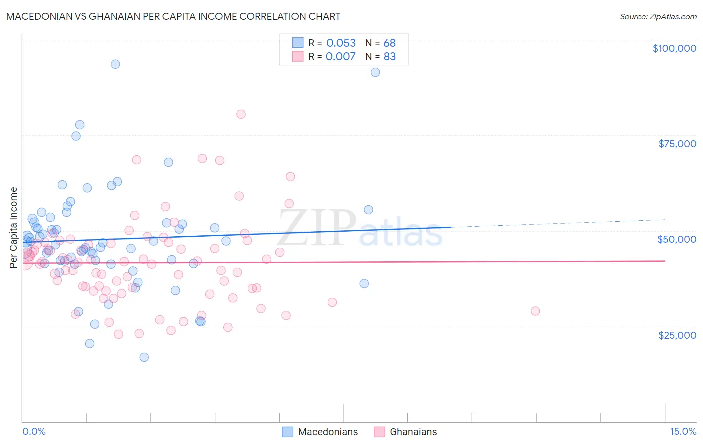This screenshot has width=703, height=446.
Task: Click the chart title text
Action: coord(173,16)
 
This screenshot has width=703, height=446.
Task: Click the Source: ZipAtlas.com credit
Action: coord(658,16)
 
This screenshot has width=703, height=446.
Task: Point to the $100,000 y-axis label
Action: coord(674,48)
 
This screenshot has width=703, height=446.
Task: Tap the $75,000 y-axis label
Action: coord(677,144)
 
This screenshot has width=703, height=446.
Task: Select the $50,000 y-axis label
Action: coord(677,239)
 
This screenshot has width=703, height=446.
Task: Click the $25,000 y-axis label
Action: coord(677,335)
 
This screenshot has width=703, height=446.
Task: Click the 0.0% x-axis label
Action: coord(34,432)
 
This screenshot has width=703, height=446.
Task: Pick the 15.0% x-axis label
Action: coord(683,432)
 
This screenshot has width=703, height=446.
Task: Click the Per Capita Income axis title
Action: coord(14,228)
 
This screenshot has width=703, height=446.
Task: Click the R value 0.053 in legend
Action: coord(341,43)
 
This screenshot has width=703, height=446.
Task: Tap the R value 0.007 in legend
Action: coord(341,57)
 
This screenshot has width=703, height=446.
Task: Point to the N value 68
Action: coord(390,43)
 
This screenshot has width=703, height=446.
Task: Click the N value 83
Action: coord(390,57)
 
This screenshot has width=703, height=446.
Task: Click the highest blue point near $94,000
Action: coord(115,64)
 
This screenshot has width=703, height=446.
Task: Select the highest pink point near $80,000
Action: coord(241,114)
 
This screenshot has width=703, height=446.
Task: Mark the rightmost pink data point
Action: coord(535,311)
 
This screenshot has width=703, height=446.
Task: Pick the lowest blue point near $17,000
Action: coord(144,357)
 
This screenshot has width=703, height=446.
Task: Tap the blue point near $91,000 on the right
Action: coord(375,72)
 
